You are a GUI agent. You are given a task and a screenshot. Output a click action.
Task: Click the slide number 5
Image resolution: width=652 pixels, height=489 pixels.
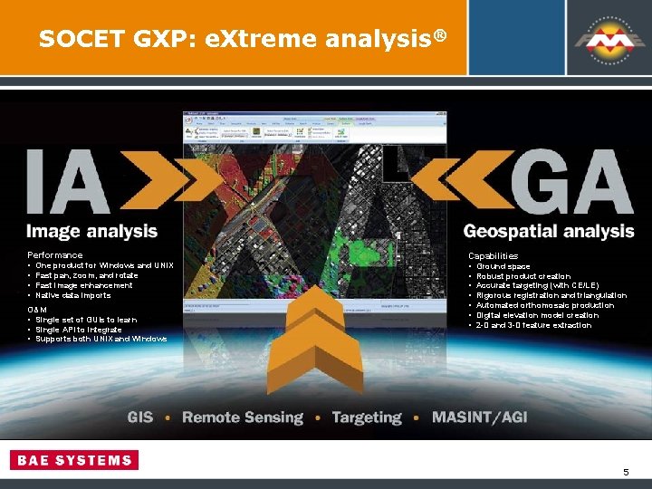pyautogui.click(x=625, y=473)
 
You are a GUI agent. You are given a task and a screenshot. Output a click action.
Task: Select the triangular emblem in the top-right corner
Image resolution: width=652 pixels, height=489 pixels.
pyautogui.click(x=602, y=37)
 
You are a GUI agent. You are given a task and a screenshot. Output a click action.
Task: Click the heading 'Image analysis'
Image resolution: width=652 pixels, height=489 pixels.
pyautogui.click(x=92, y=232)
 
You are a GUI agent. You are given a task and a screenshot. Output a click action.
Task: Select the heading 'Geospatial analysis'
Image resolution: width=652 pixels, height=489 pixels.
pyautogui.click(x=549, y=232)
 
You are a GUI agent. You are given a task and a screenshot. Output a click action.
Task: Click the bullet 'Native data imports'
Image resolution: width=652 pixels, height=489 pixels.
pyautogui.click(x=73, y=295)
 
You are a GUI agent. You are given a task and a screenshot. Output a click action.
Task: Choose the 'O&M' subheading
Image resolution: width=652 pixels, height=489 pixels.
pyautogui.click(x=37, y=310)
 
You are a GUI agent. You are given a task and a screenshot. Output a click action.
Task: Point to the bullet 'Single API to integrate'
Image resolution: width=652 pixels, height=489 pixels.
pyautogui.click(x=78, y=329)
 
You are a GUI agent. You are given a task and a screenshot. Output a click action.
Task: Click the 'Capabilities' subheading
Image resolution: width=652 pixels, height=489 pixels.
pyautogui.click(x=493, y=256)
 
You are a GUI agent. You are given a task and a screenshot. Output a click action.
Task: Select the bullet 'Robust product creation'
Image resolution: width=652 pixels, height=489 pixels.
pyautogui.click(x=523, y=276)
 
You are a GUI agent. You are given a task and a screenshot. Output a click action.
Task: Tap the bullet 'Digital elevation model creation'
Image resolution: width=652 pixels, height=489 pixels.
pyautogui.click(x=538, y=315)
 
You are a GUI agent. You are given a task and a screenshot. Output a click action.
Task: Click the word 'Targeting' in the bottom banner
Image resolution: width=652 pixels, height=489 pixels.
pyautogui.click(x=366, y=417)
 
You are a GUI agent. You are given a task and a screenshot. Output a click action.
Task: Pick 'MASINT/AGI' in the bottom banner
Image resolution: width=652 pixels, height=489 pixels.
pyautogui.click(x=479, y=417)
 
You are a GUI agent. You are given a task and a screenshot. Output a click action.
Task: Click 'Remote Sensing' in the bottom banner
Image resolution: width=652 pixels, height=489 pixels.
pyautogui.click(x=243, y=417)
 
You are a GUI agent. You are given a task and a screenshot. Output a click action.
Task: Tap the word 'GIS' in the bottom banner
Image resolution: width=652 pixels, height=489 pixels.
pyautogui.click(x=140, y=417)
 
